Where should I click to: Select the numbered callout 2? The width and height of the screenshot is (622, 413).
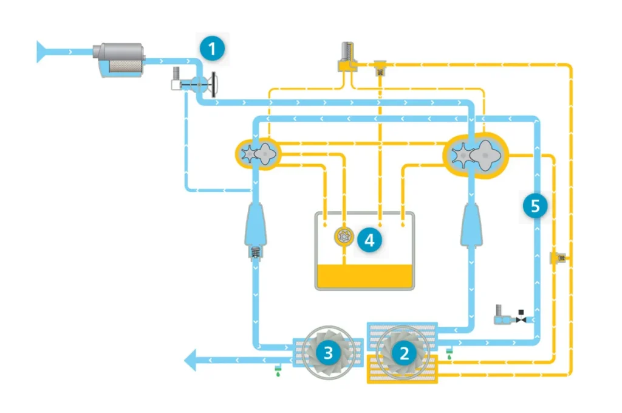403,353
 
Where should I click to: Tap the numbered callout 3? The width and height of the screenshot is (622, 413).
328,353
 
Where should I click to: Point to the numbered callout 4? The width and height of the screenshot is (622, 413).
369,240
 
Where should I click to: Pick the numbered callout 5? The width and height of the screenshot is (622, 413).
535,206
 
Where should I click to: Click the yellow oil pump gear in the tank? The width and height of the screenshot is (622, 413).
344,237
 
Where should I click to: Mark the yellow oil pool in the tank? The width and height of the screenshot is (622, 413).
364,276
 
